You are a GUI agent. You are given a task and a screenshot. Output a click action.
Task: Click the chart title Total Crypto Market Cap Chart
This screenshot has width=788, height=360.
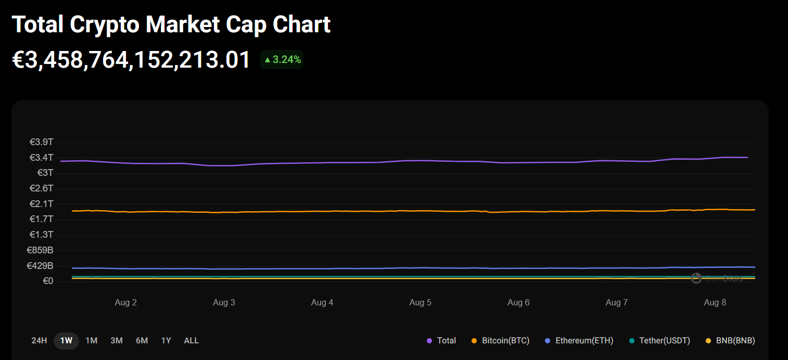point(171,24)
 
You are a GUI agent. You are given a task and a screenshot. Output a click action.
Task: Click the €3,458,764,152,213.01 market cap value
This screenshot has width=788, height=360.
point(132,60)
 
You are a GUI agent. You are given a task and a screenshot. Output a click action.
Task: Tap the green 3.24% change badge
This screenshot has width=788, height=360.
point(282,60)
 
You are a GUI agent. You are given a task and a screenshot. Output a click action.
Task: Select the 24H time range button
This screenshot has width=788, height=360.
point(39,341)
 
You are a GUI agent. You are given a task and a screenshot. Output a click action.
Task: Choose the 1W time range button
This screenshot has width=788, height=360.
point(66,341)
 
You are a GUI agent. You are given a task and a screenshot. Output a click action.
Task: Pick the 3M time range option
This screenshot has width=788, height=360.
point(117,341)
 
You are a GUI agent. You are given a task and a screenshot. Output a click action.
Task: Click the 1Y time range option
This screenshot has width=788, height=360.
point(166,341)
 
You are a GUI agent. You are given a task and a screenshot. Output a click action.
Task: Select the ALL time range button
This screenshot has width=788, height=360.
point(191,341)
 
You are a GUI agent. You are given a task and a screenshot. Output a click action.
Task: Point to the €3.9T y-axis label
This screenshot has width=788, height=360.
point(42,142)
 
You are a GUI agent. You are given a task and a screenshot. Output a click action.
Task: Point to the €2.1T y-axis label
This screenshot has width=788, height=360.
point(42,204)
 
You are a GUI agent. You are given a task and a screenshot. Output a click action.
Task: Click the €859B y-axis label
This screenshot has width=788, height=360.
point(40,250)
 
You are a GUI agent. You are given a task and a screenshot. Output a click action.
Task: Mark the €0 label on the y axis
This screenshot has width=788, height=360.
point(47,281)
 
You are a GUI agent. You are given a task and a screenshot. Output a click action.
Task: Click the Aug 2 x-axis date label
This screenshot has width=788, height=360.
point(125,303)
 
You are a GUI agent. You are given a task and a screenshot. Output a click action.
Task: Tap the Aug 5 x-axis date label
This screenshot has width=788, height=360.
point(420,303)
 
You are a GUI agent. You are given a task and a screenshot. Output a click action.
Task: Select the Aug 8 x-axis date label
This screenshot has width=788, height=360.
point(715,303)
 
